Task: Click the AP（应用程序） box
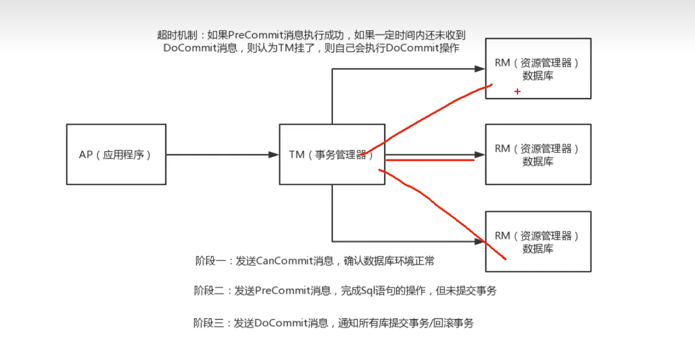(116, 154)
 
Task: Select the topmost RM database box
(538, 69)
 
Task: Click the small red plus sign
(517, 91)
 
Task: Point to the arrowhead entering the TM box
(273, 155)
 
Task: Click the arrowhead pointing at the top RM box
(479, 69)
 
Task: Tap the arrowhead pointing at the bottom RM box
(479, 241)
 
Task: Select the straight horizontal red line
(430, 160)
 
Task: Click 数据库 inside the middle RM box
(538, 162)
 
